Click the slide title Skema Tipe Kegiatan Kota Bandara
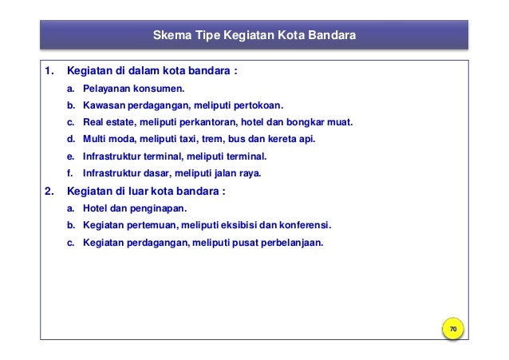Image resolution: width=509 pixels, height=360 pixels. click(x=254, y=36)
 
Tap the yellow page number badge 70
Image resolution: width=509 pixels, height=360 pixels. click(x=452, y=330)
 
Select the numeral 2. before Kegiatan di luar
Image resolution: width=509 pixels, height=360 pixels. click(x=49, y=191)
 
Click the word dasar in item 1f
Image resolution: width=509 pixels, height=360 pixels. click(x=163, y=173)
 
